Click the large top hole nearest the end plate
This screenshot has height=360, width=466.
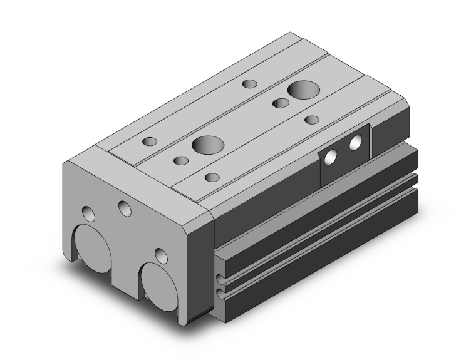pyautogui.click(x=207, y=145)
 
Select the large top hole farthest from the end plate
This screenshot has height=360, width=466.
pyautogui.click(x=303, y=90)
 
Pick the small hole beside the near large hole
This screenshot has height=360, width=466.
pyautogui.click(x=182, y=161)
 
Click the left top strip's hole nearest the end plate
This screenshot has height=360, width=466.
pyautogui.click(x=149, y=141)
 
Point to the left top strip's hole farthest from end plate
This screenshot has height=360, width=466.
pyautogui.click(x=249, y=83)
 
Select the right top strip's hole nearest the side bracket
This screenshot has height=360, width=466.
pyautogui.click(x=312, y=120)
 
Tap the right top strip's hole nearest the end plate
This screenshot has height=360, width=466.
pyautogui.click(x=212, y=177)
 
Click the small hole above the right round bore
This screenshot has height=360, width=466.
pyautogui.click(x=161, y=256)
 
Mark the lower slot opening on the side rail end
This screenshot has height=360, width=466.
pyautogui.click(x=220, y=292)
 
